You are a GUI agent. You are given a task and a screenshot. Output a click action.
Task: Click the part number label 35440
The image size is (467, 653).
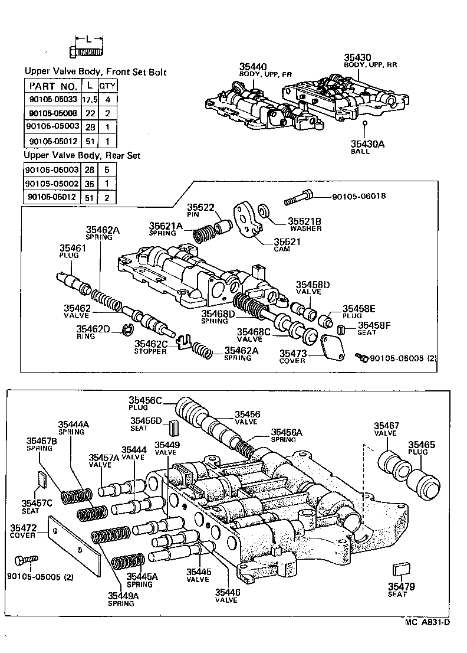[x=253, y=66]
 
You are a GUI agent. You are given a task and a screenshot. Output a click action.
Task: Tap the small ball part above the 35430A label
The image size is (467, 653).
[x=365, y=123]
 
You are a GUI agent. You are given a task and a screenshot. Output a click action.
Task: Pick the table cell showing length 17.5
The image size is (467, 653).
[x=90, y=99]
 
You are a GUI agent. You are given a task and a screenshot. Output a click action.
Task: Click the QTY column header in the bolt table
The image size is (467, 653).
[x=107, y=86]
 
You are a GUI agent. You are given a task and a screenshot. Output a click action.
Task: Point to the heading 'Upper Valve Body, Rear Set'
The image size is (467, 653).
[x=82, y=156]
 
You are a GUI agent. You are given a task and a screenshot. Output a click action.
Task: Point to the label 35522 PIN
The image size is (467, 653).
[x=200, y=211]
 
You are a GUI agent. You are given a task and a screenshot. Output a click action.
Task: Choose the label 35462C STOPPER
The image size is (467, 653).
[x=152, y=347]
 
